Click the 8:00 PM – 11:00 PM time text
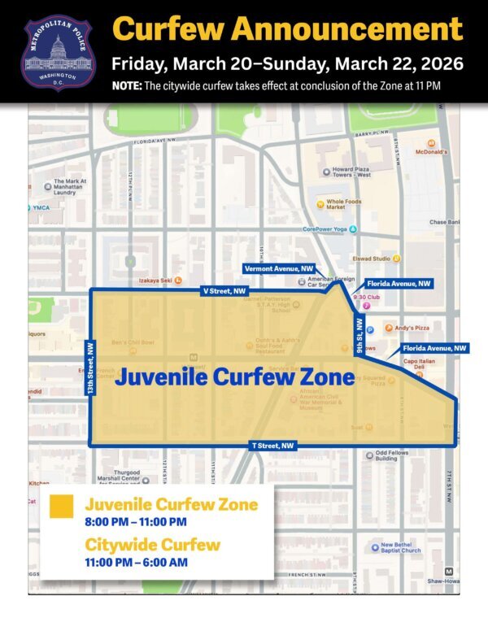click(136, 521)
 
